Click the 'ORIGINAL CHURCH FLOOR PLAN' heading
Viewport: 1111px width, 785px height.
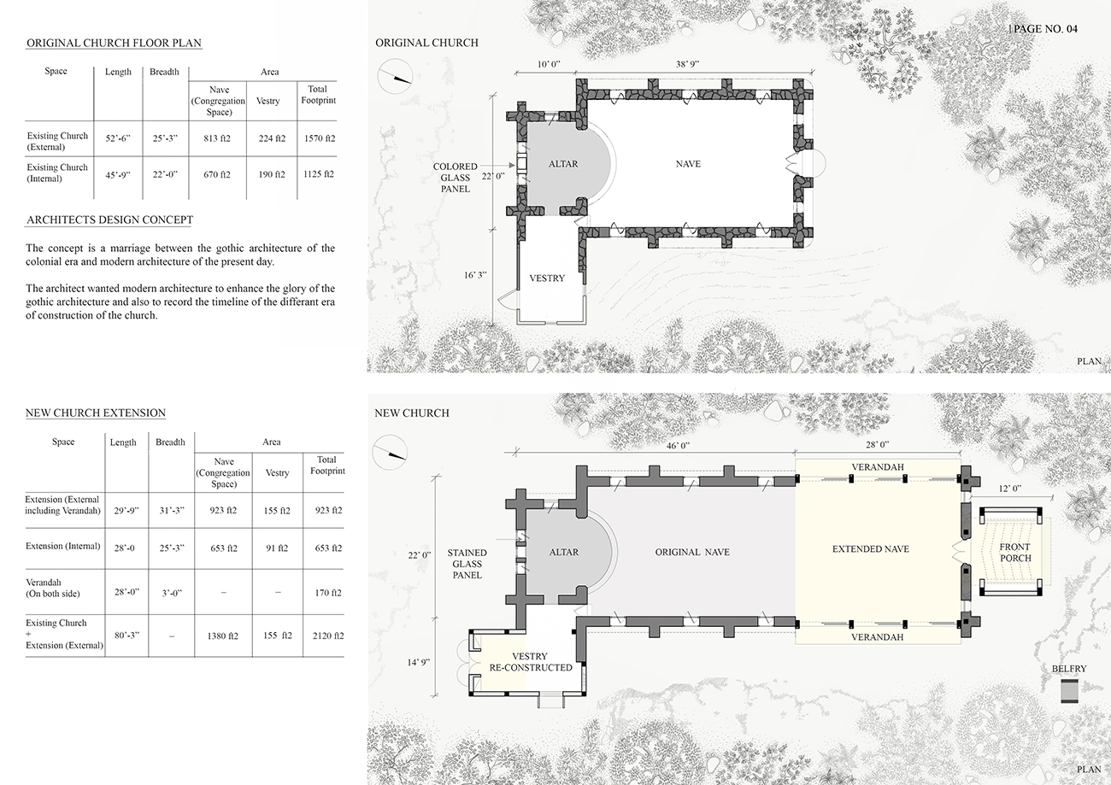(x=114, y=43)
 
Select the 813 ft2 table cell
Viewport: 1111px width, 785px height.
(x=217, y=138)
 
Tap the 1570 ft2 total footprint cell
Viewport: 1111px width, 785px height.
(x=320, y=138)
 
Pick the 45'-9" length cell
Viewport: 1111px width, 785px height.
(x=118, y=174)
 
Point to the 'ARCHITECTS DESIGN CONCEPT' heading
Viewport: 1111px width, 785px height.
(x=109, y=220)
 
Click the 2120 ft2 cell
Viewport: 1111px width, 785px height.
(x=328, y=636)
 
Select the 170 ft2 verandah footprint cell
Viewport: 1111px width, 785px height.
(x=328, y=593)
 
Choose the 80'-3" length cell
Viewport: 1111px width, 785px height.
(x=126, y=635)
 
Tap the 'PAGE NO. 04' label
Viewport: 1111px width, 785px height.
(x=1044, y=29)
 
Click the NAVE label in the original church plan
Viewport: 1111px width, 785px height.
(x=688, y=163)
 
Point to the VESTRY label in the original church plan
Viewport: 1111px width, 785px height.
(x=547, y=278)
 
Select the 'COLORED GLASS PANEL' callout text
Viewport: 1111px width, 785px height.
(x=456, y=178)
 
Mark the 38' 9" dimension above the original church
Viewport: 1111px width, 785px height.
(x=687, y=64)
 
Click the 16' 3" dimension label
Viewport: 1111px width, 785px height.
(x=475, y=275)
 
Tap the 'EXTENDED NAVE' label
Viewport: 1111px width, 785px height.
(x=871, y=548)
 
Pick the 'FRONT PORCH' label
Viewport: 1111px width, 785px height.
(x=1014, y=553)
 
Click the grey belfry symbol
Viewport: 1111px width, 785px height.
(x=1069, y=691)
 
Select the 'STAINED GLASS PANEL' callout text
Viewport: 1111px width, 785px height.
(x=467, y=564)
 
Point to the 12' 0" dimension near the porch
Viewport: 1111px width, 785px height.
(x=1010, y=488)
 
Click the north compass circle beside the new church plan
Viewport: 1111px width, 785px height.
(x=390, y=452)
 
